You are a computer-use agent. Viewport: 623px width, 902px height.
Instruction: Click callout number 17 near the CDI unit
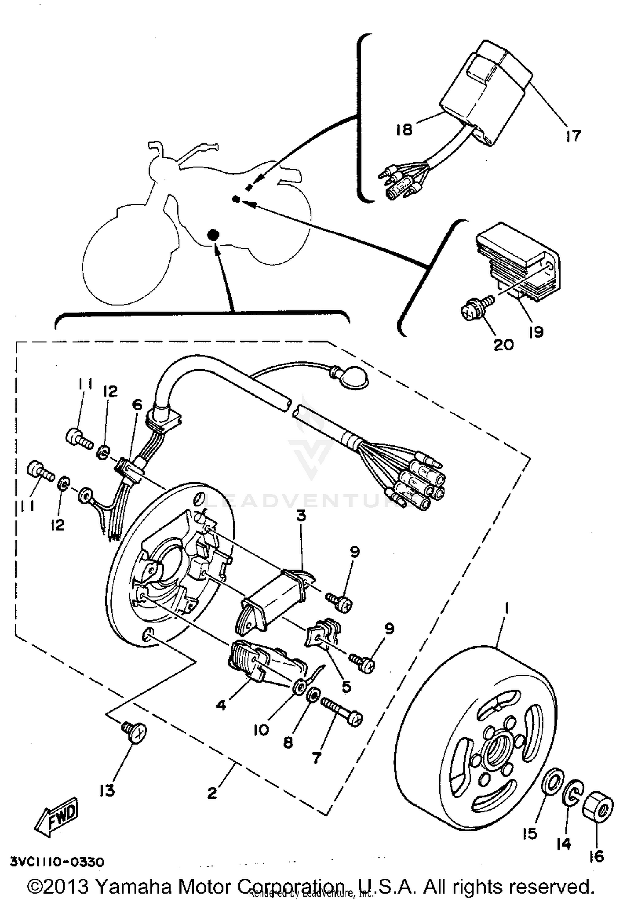[x=573, y=136]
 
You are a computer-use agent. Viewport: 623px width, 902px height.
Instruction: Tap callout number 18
[x=403, y=129]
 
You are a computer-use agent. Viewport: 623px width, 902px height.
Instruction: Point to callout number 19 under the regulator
[x=536, y=332]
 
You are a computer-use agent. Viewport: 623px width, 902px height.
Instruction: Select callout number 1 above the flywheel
[x=506, y=608]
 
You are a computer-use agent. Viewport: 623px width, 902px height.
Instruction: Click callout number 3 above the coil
[x=301, y=516]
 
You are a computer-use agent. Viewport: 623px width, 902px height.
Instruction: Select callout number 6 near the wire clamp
[x=137, y=404]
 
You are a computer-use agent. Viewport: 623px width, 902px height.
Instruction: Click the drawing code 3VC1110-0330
[x=57, y=862]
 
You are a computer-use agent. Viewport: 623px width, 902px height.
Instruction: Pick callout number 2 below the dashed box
[x=212, y=793]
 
